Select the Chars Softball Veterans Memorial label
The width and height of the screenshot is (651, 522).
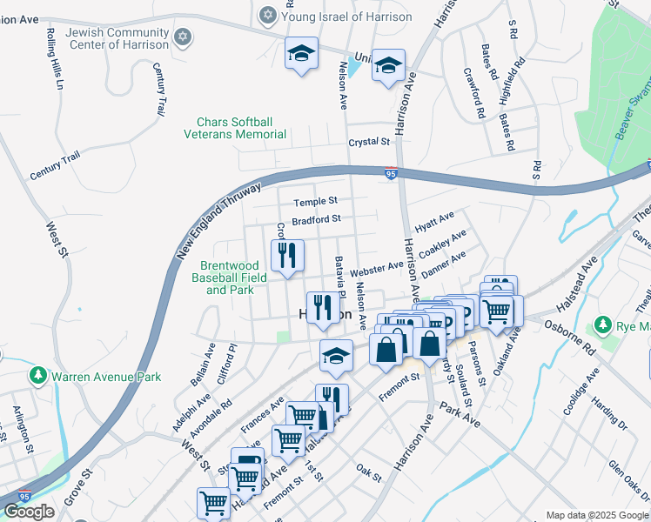235,128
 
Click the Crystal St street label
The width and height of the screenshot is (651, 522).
368,142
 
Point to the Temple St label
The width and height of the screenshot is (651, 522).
315,201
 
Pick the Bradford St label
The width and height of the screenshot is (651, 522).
315,220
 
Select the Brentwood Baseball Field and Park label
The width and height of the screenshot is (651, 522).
233,278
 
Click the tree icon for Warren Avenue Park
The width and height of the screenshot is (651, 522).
38,377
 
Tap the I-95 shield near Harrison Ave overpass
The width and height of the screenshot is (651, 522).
392,174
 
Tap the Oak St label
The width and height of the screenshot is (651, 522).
369,472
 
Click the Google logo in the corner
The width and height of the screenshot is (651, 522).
29,512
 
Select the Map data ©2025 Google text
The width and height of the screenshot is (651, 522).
597,515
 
